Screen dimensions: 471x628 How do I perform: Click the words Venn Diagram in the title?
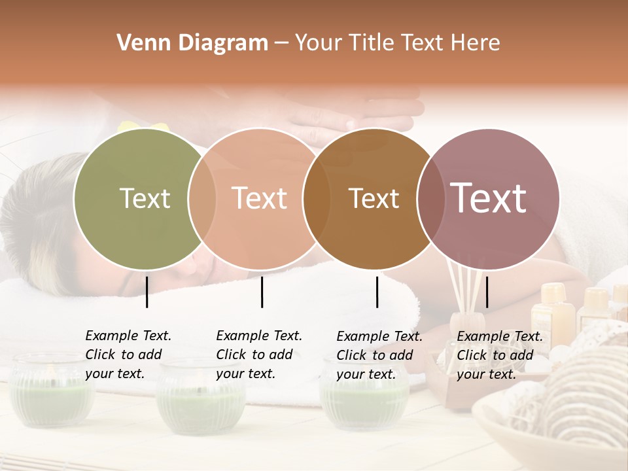[x=192, y=43]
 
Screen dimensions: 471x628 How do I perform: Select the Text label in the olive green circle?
[x=145, y=198]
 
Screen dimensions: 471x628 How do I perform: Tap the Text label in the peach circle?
[x=259, y=198]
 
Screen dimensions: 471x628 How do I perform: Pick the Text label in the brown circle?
[x=374, y=198]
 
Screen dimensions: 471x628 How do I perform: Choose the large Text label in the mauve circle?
[x=488, y=198]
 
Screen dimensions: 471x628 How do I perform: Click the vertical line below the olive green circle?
[x=147, y=292]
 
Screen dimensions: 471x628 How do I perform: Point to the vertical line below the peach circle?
[x=262, y=292]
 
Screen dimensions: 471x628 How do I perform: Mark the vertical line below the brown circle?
[x=377, y=292]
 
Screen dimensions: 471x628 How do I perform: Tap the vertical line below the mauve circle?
[x=487, y=292]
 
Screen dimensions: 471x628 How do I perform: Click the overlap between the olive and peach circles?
[x=202, y=198]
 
